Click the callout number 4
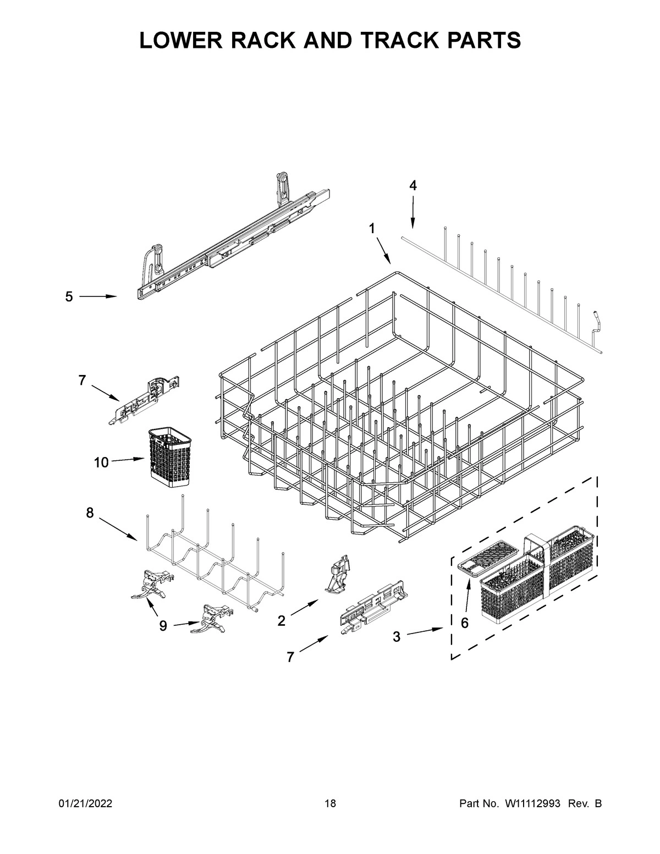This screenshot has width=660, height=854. pos(413,186)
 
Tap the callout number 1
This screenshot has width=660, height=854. pos(372,228)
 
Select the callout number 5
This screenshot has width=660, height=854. pos(69,297)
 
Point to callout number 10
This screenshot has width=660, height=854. pos(101,462)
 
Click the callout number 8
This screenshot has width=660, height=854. pos(90,513)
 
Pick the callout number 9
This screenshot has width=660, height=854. pos(163,626)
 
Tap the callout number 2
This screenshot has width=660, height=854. pos(282,621)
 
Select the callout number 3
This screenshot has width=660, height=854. pos(397,637)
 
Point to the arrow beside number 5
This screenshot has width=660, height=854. pos(98,296)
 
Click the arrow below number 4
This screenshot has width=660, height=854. pos(413,214)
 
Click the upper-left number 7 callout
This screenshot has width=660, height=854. pos(82,380)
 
